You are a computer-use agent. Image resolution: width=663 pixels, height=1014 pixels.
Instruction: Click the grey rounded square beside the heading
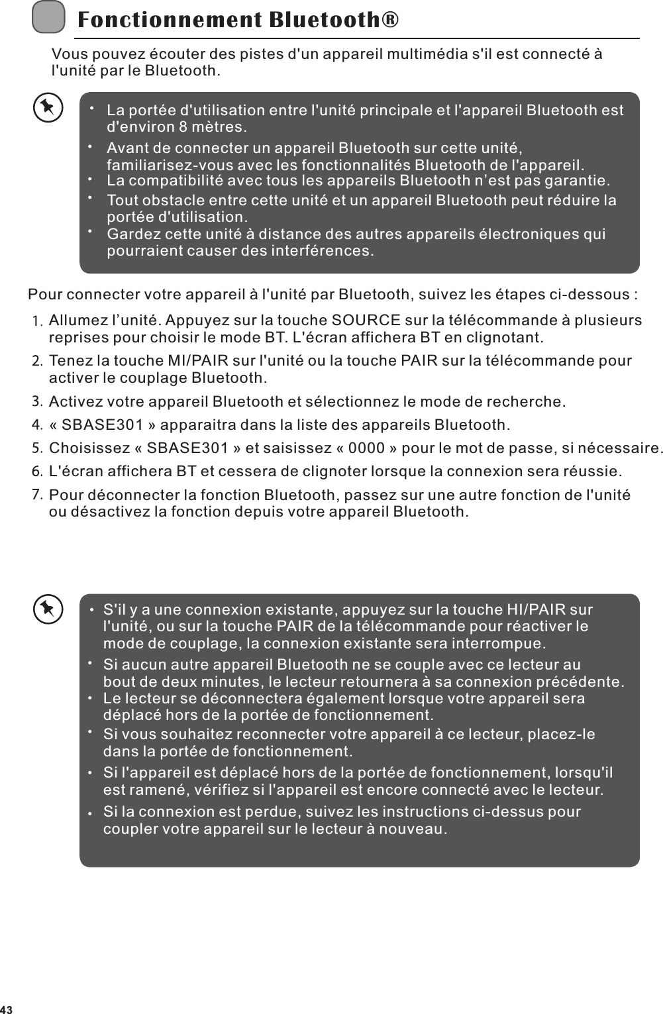click(48, 17)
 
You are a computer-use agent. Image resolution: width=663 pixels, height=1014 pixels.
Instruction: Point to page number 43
click(7, 1009)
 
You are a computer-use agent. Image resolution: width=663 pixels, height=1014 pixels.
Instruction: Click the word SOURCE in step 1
click(365, 321)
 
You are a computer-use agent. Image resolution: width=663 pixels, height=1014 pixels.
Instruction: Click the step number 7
click(38, 495)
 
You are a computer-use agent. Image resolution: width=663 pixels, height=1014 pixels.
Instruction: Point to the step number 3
click(38, 401)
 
